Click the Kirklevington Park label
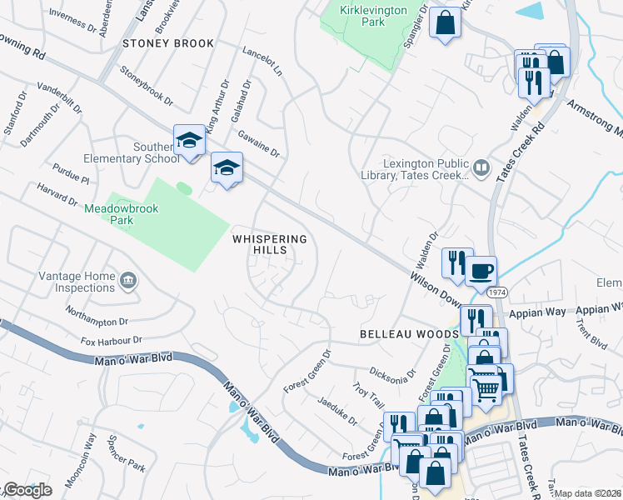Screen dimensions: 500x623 362,15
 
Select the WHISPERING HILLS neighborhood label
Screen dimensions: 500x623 270,244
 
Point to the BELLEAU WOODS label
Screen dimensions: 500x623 409,333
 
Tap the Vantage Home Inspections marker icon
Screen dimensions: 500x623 128,277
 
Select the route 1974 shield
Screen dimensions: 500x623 498,293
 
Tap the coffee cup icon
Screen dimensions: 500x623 481,270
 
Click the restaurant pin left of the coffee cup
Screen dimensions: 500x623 456,262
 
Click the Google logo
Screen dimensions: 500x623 27,489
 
